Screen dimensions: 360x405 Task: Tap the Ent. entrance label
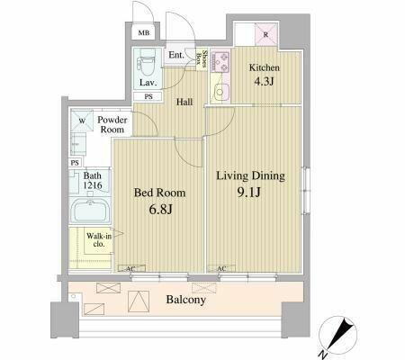click(x=177, y=56)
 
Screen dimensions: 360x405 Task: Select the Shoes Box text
click(x=205, y=59)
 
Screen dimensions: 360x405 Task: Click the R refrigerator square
click(x=265, y=35)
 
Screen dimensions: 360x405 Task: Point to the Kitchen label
click(x=265, y=67)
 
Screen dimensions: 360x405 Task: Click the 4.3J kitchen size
click(x=265, y=83)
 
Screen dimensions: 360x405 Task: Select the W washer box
click(x=81, y=120)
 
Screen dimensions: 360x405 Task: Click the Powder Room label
click(x=113, y=124)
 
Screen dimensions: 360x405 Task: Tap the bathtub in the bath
click(x=88, y=214)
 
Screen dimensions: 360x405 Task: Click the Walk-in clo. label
click(x=98, y=241)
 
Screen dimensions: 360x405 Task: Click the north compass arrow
click(x=340, y=335)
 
